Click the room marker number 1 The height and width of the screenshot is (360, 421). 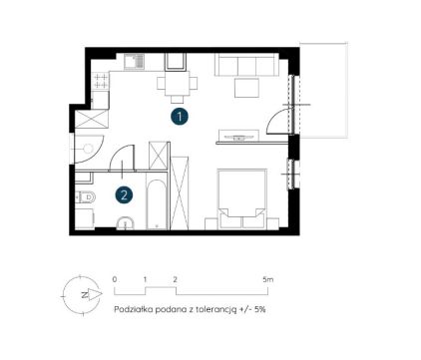pos(180,117)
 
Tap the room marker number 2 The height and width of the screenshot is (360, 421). pos(124,194)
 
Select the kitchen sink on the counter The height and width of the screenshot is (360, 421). pos(135,62)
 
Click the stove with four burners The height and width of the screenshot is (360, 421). pos(101,81)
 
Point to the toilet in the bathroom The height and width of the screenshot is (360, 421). pos(86,197)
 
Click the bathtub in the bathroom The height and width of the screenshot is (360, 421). pos(157,204)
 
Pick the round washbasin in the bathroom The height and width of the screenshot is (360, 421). pos(125,223)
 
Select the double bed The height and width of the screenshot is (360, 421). pos(242,198)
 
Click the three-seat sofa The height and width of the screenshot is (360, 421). pos(246,65)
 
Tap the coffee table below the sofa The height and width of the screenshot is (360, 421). pos(246,88)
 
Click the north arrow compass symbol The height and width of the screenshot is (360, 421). pos(82,294)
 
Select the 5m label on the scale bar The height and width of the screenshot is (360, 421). pos(267,279)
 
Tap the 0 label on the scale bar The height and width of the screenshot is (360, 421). pos(115,279)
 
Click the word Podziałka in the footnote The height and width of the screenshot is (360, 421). pos(131,309)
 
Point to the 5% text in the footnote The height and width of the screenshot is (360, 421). pos(259,309)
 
